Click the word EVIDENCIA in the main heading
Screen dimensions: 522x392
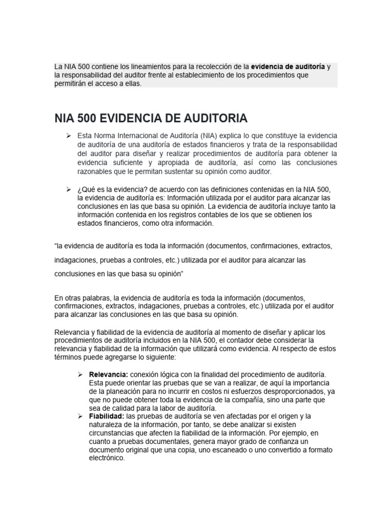129,118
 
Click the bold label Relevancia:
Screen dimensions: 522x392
108,375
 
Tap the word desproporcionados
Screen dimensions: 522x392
290,391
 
